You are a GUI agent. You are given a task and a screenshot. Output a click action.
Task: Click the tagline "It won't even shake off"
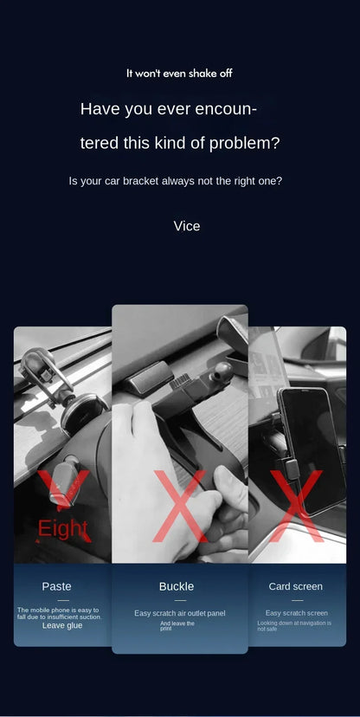(x=179, y=74)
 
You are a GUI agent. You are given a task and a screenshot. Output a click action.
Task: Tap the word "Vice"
(x=186, y=226)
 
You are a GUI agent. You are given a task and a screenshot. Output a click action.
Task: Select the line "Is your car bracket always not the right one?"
(x=175, y=181)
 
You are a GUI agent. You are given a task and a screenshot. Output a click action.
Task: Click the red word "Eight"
(x=62, y=528)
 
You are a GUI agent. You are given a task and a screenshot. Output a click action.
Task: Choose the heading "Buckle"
(x=177, y=586)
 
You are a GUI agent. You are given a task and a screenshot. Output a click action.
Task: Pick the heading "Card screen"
(x=295, y=586)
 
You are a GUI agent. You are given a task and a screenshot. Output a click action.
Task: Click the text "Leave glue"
(x=62, y=625)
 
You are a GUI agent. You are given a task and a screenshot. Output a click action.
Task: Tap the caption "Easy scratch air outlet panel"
(x=179, y=613)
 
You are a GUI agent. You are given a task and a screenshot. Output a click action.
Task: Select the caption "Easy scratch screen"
(x=296, y=613)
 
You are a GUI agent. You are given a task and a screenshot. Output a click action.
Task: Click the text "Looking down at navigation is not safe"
(x=294, y=626)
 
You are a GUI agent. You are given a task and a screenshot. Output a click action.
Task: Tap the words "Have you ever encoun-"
(x=169, y=109)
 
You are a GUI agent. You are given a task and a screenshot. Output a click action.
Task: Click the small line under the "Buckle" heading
(x=179, y=600)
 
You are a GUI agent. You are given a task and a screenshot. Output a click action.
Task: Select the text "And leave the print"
(x=177, y=625)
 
